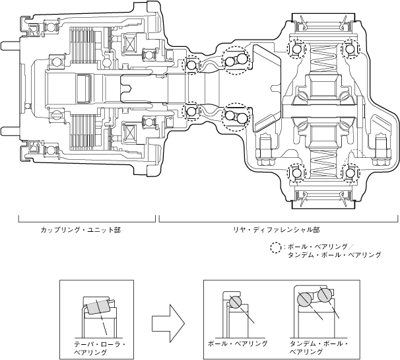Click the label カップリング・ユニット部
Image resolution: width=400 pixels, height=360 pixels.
tap(81, 231)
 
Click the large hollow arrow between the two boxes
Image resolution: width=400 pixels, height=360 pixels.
tap(166, 322)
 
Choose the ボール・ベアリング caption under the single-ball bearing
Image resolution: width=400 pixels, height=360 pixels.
tap(238, 344)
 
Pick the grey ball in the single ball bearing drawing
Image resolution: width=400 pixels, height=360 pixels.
tap(236, 303)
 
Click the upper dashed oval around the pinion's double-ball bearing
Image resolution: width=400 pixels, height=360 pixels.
tap(236, 62)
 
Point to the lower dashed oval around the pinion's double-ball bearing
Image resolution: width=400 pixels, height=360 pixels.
tap(236, 120)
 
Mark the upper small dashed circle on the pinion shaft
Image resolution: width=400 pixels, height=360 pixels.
tap(193, 66)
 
